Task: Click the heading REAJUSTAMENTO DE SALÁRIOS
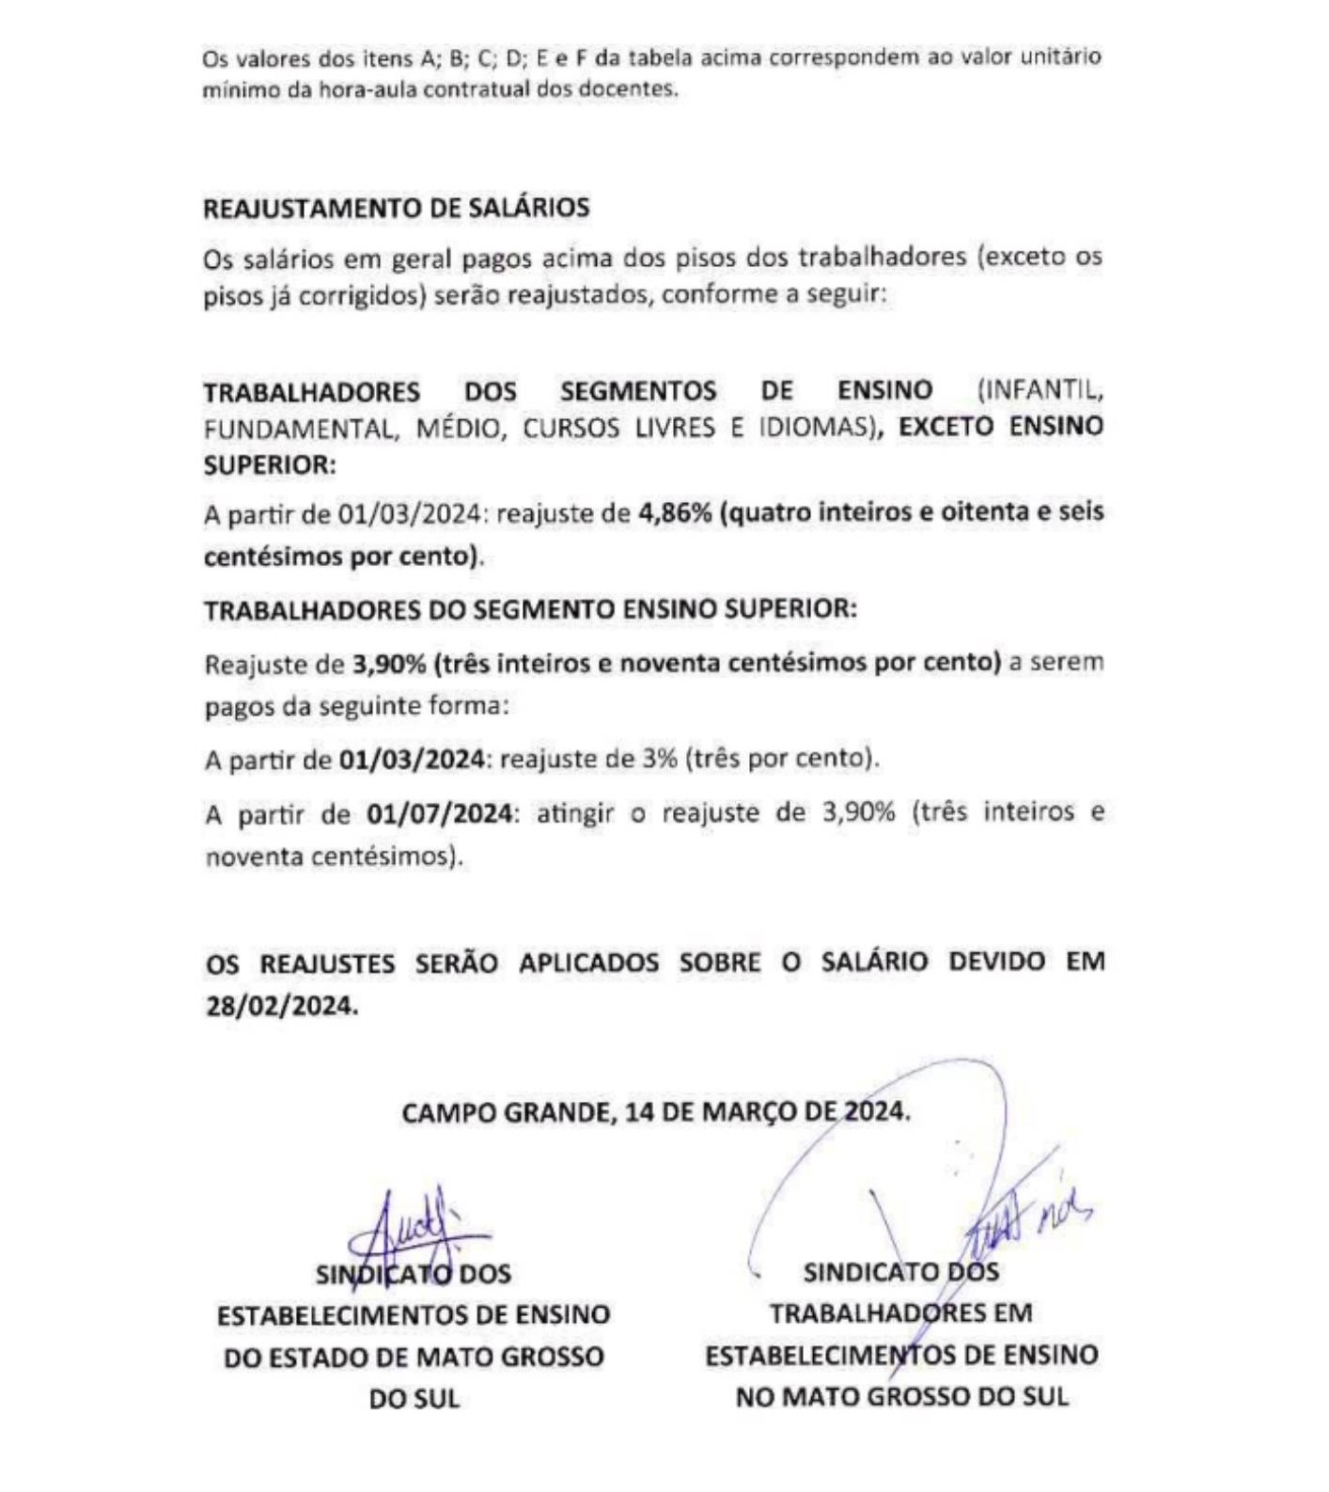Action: pos(396,208)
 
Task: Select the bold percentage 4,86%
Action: pos(674,512)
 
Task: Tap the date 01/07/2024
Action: pos(440,812)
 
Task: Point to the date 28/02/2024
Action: pos(281,1005)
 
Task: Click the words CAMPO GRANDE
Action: pos(508,1112)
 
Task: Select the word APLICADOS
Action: pos(588,963)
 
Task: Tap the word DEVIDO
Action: pos(996,962)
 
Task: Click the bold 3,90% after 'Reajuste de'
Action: pos(389,664)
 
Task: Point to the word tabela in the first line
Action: pos(660,57)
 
